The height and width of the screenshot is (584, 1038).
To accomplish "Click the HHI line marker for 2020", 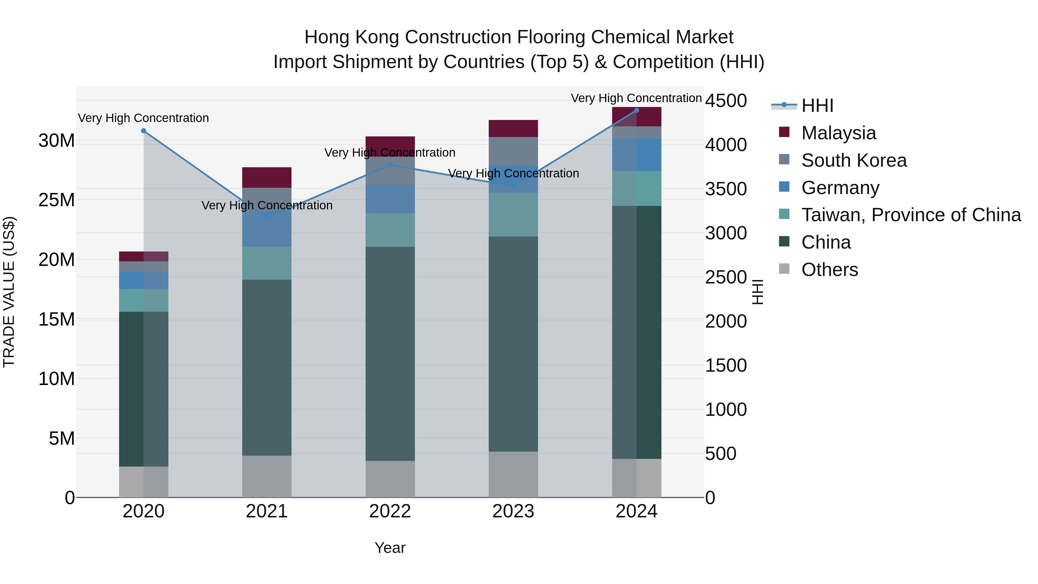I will (144, 131).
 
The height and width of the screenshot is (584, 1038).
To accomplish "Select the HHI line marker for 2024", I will (637, 110).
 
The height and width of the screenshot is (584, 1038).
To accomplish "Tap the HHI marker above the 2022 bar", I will (390, 165).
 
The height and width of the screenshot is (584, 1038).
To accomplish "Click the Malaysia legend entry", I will (838, 133).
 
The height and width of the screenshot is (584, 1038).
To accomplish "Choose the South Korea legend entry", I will (854, 160).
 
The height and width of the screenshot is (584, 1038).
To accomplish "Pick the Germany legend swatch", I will (784, 187).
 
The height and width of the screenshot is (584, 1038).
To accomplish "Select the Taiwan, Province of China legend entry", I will (911, 215).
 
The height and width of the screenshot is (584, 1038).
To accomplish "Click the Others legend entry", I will (829, 270).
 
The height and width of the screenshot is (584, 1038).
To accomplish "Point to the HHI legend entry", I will (817, 106).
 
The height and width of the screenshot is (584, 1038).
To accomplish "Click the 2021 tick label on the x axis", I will (267, 511).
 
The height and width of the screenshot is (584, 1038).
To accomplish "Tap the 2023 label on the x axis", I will (513, 511).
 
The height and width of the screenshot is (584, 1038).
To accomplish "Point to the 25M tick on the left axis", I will (57, 200).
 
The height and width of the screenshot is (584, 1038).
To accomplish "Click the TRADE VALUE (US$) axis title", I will (9, 292).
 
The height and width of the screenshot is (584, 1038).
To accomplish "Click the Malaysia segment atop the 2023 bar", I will (513, 129).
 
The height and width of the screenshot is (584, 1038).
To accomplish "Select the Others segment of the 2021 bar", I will (267, 476).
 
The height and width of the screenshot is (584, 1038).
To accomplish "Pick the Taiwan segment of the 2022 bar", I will (390, 230).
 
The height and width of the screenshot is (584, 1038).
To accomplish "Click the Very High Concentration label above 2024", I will (636, 98).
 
